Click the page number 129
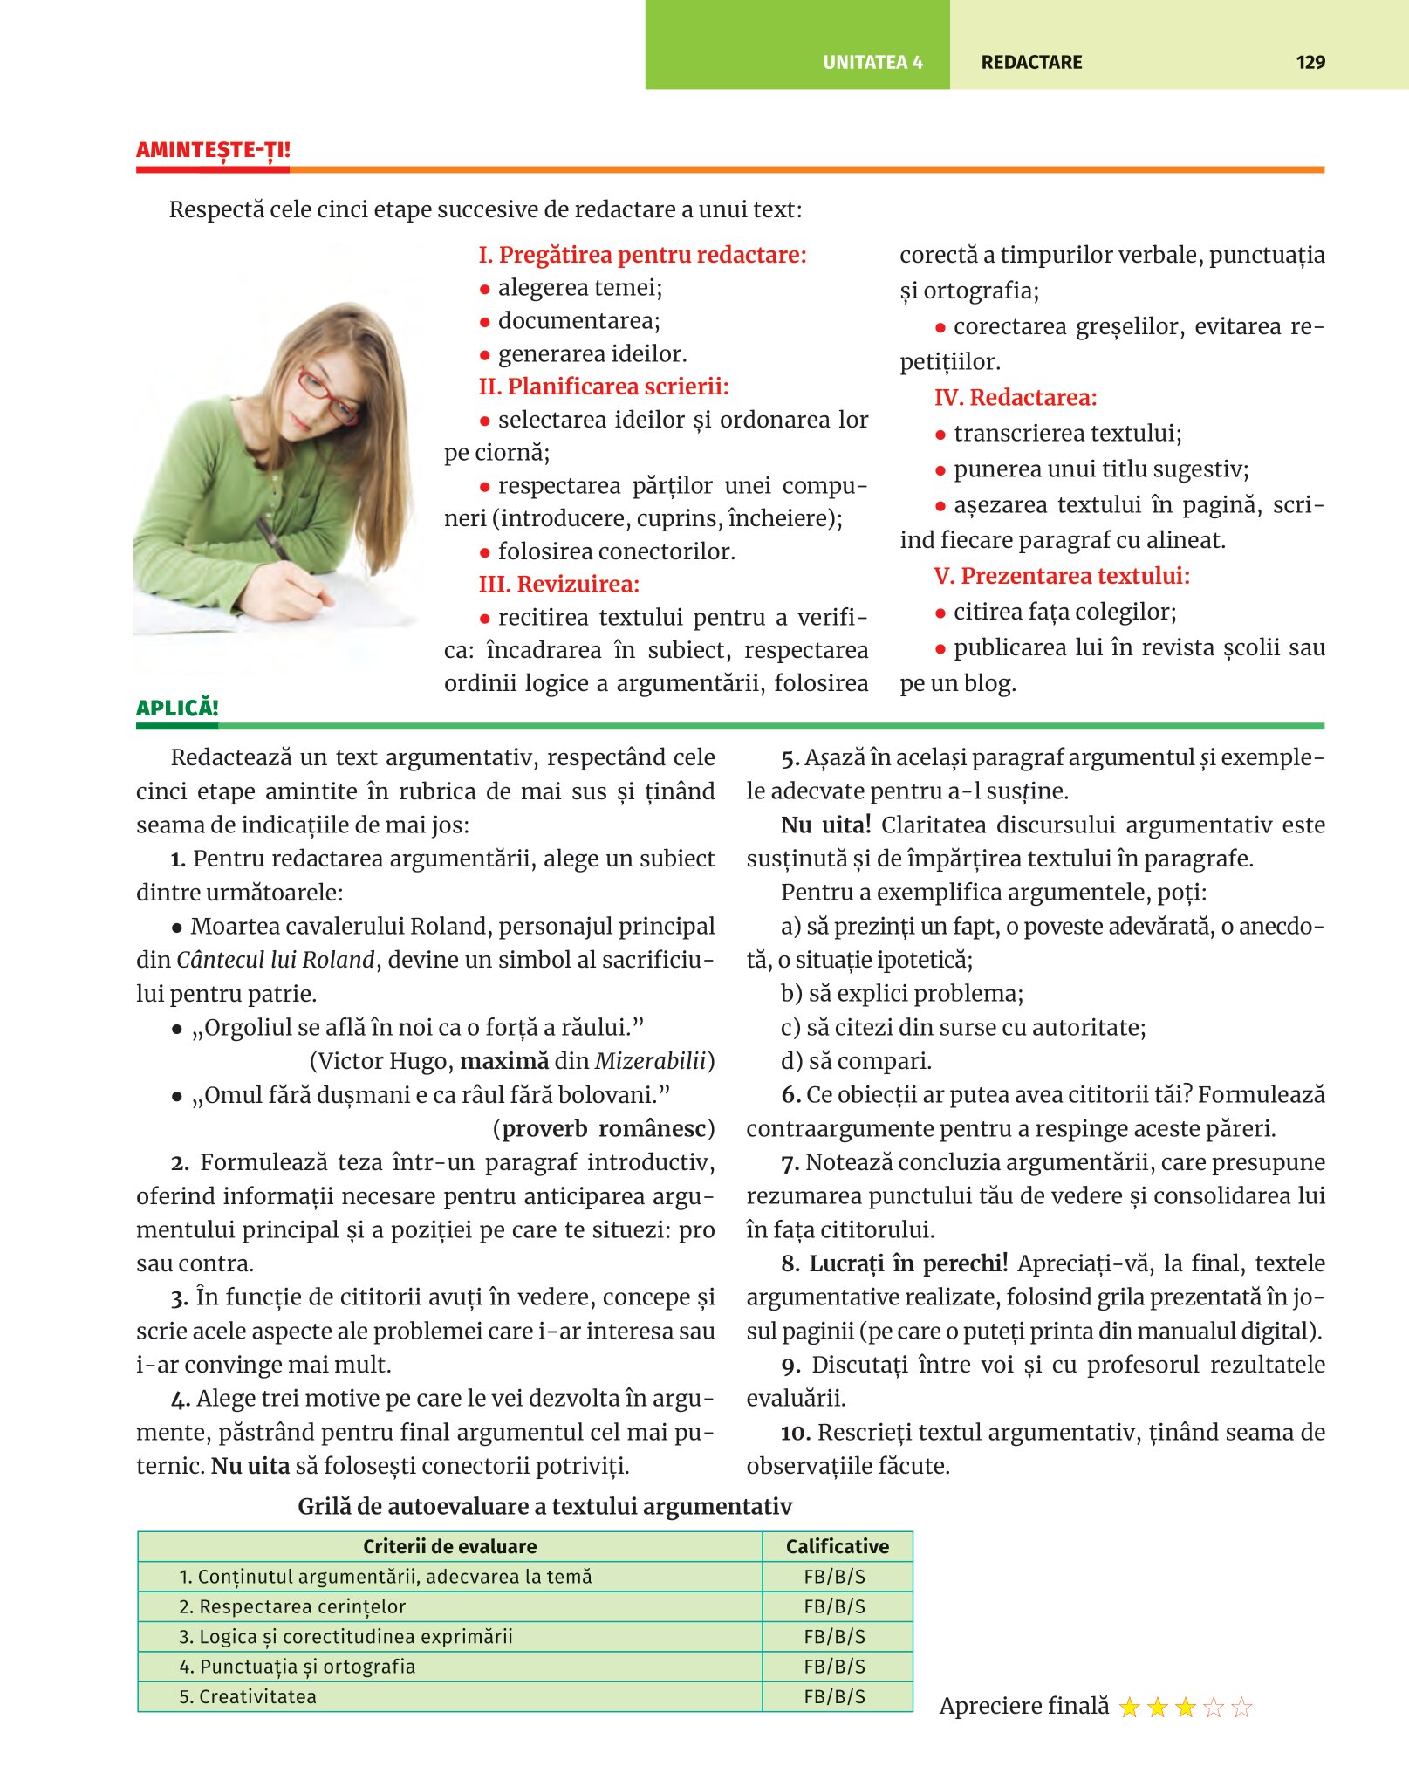(1310, 62)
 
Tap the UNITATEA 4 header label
(872, 62)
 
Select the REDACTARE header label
(1031, 62)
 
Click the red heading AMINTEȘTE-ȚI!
(213, 150)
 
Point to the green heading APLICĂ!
(177, 708)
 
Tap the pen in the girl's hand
(273, 537)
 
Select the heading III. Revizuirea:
(559, 584)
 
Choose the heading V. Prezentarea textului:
(1062, 576)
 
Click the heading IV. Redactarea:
(1016, 398)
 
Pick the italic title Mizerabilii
(650, 1061)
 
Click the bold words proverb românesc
(604, 1129)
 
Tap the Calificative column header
(837, 1546)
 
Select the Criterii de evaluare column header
(449, 1546)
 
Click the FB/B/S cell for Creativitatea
(835, 1696)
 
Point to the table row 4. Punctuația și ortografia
(298, 1667)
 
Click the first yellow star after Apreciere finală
(1130, 1707)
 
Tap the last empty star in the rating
(1241, 1707)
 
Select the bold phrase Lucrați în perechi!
(908, 1263)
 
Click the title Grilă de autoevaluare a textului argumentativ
(544, 1507)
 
